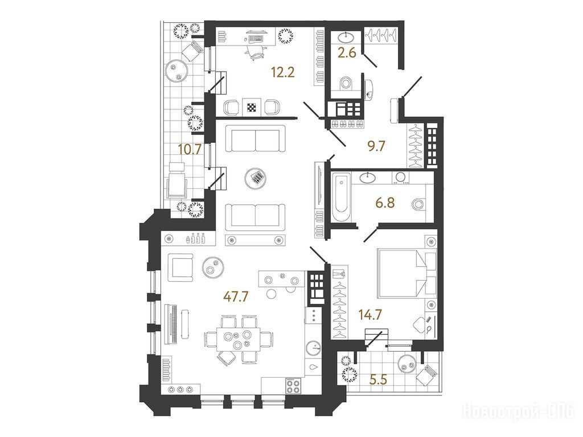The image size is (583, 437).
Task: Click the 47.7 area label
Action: tap(236, 296)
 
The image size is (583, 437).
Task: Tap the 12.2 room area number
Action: tap(283, 72)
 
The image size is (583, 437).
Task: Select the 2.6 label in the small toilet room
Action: tap(347, 53)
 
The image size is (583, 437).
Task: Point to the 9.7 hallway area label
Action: tap(376, 146)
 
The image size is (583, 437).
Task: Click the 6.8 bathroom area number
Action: tap(385, 203)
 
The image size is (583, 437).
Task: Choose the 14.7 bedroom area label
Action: tap(370, 315)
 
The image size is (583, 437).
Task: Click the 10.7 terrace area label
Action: tap(190, 150)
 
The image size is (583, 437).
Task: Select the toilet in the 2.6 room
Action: tap(346, 83)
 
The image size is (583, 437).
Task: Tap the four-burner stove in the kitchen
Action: tap(293, 385)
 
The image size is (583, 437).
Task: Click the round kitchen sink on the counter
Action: tap(314, 348)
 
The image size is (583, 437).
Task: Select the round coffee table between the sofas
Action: tap(256, 178)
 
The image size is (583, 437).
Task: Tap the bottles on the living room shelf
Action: tap(195, 238)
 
